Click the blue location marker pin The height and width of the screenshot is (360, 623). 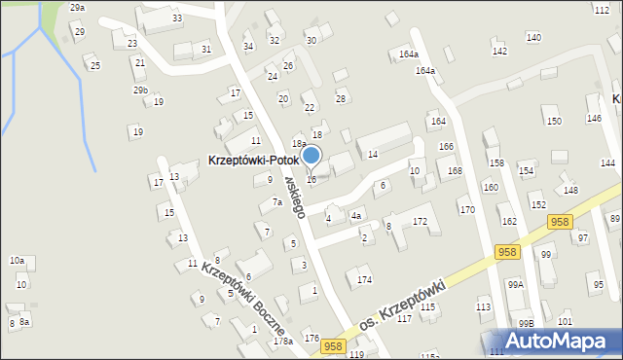click(311, 157)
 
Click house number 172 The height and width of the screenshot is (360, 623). click(420, 222)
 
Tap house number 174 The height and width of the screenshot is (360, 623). click(364, 280)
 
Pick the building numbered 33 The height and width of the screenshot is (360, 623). click(176, 18)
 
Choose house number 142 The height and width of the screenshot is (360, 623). click(499, 51)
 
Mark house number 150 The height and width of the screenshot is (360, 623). click(553, 121)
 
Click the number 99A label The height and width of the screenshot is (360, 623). click(515, 284)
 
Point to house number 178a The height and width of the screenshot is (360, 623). click(282, 342)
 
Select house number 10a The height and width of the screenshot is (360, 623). click(17, 260)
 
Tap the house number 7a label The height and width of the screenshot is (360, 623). click(276, 202)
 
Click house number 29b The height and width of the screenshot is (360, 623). click(141, 90)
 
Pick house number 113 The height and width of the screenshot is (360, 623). click(483, 307)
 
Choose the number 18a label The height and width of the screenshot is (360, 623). click(299, 143)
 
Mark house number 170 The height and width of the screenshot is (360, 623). click(467, 209)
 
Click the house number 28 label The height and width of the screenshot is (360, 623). click(341, 98)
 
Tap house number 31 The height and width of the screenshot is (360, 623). click(205, 49)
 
